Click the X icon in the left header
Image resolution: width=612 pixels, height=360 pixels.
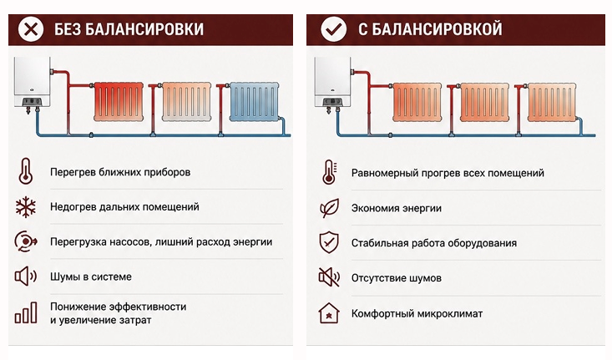coord(31,29)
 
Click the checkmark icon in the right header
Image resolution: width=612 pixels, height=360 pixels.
coord(333,29)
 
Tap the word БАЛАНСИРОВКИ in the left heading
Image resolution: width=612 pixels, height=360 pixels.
coord(144,29)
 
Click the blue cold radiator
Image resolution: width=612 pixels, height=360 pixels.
coord(255,101)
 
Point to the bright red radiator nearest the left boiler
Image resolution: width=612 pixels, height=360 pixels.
coord(119,101)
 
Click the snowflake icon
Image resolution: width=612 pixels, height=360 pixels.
coord(25,207)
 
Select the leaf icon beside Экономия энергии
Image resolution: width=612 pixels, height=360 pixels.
coord(329,208)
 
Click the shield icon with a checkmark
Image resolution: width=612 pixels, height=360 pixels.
coord(329,242)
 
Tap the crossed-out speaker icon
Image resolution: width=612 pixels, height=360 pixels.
coord(329,277)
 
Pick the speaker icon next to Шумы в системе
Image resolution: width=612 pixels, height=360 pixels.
coord(25,276)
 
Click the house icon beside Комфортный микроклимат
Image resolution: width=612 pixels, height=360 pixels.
coord(329,313)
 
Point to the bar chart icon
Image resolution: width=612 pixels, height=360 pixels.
coord(26,312)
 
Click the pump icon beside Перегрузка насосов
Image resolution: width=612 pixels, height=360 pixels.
coord(25,241)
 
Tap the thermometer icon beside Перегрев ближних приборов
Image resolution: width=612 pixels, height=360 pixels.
coord(25,171)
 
